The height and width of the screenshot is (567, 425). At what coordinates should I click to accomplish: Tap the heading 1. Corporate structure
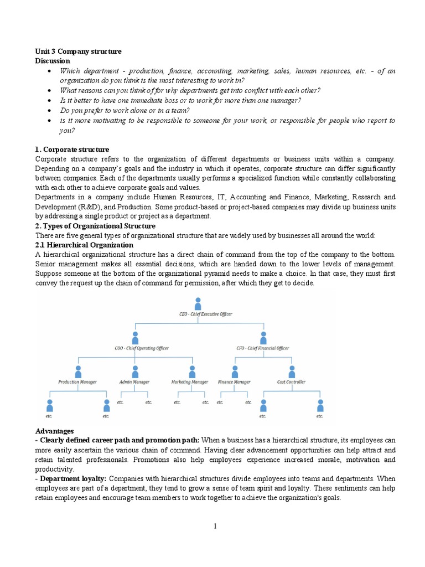[x=72, y=150]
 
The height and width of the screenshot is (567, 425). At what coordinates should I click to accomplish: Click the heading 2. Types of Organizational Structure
[x=95, y=226]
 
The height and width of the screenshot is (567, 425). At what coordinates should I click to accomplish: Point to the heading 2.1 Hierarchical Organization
[x=84, y=245]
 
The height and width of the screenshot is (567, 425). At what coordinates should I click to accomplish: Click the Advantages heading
[x=54, y=431]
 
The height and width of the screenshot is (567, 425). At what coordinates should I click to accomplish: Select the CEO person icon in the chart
[x=198, y=303]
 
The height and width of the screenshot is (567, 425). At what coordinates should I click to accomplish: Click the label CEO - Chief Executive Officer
[x=198, y=315]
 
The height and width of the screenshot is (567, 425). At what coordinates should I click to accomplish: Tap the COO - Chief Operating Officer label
[x=134, y=348]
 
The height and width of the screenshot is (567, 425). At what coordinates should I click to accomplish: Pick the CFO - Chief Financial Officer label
[x=263, y=348]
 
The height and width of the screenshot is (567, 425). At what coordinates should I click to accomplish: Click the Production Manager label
[x=78, y=382]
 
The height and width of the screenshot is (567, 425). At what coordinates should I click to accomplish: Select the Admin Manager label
[x=134, y=382]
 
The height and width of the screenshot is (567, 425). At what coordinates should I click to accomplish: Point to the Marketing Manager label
[x=190, y=382]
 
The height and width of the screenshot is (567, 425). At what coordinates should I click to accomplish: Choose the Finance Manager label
[x=234, y=382]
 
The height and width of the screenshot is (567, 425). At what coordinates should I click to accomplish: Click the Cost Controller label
[x=291, y=382]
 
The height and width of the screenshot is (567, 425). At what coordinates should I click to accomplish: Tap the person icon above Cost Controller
[x=291, y=370]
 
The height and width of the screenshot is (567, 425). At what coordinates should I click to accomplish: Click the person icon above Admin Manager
[x=134, y=370]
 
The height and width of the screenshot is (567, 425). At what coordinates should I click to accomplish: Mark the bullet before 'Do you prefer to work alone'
[x=50, y=111]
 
